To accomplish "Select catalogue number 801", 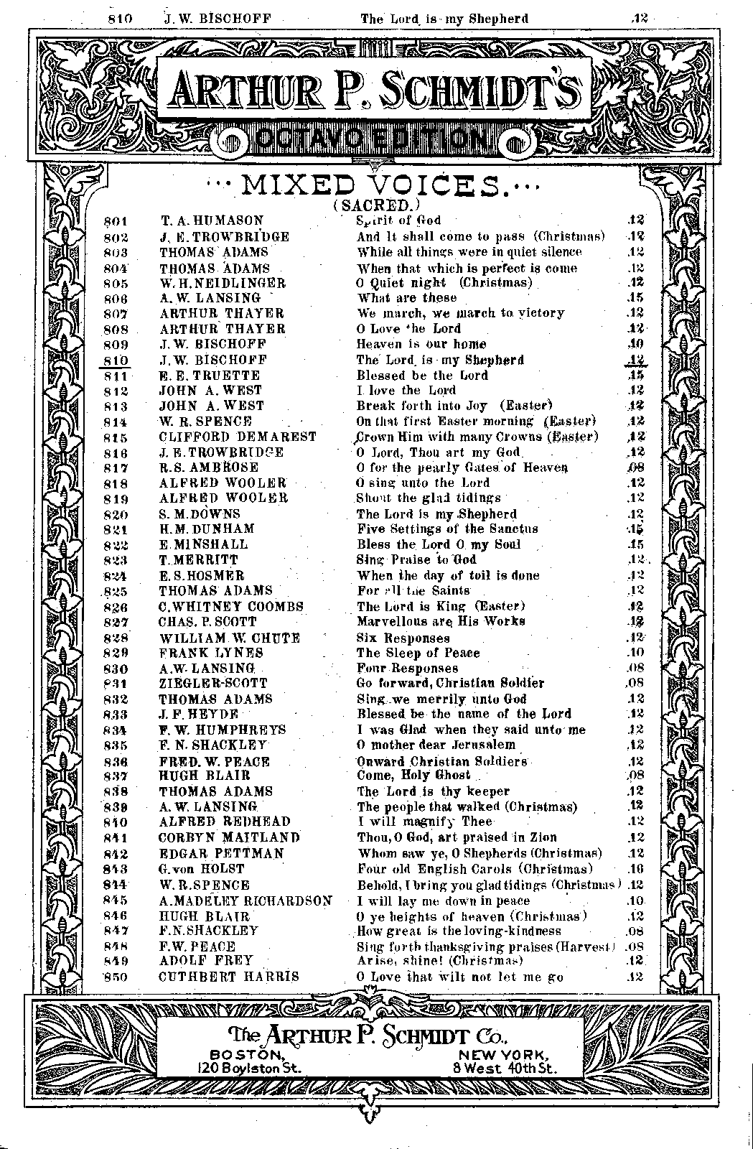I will (x=115, y=221).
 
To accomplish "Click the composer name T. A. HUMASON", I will (x=212, y=220).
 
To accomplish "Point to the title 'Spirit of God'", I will (x=398, y=220).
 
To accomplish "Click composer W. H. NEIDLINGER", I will (x=223, y=283).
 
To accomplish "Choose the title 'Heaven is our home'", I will (x=421, y=344).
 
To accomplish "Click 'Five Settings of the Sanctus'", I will (x=447, y=529).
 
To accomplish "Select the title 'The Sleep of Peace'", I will (x=418, y=653).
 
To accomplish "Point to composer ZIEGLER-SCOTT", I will (x=213, y=684).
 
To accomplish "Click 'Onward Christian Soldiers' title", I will (x=442, y=761).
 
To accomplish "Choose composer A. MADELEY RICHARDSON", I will (x=245, y=901).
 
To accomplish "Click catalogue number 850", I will (x=115, y=977).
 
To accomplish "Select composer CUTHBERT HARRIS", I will (x=228, y=977).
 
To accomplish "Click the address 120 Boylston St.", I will (x=249, y=1068).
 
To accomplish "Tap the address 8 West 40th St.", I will (x=505, y=1068).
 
